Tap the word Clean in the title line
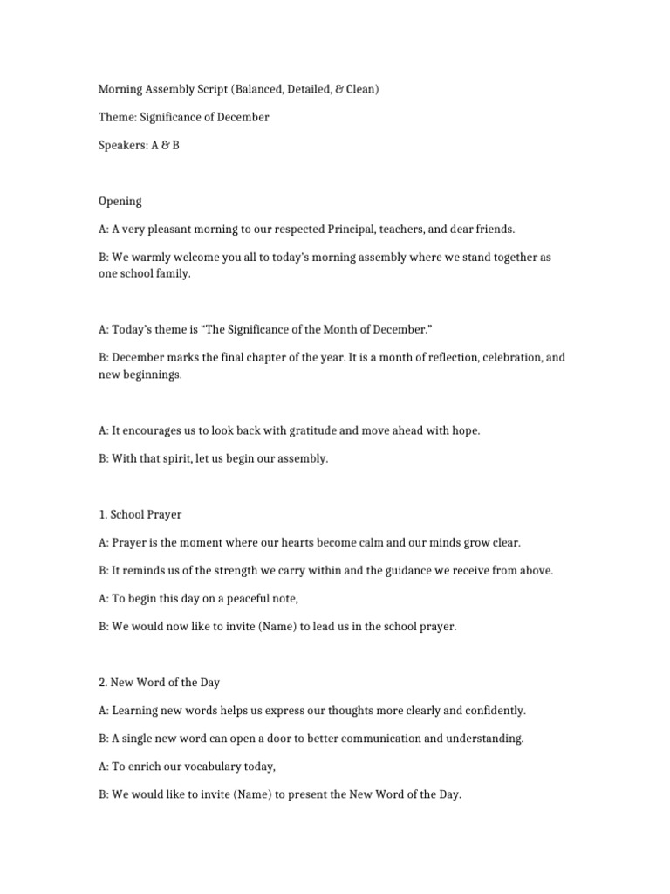click(x=359, y=89)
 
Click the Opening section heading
click(x=120, y=201)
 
